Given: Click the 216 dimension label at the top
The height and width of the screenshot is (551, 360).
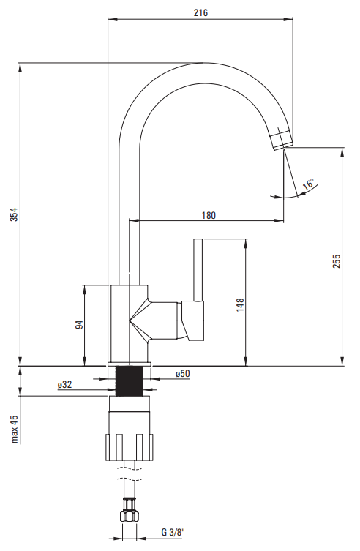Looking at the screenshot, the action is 200,12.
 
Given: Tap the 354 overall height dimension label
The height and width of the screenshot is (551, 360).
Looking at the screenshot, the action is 13,214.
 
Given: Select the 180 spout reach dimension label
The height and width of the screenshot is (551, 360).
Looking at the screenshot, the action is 209,215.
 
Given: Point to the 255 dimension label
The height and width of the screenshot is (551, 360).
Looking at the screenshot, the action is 337,261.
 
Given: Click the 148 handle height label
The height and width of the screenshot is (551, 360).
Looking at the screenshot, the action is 240,304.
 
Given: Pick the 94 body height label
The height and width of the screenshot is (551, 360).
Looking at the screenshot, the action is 80,324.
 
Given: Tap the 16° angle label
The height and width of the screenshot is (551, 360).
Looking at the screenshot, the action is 309,184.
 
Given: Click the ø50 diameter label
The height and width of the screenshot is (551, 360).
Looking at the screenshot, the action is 183,373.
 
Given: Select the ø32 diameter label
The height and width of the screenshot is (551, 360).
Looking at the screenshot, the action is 65,384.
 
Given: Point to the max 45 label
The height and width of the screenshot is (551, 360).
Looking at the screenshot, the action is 14,429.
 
